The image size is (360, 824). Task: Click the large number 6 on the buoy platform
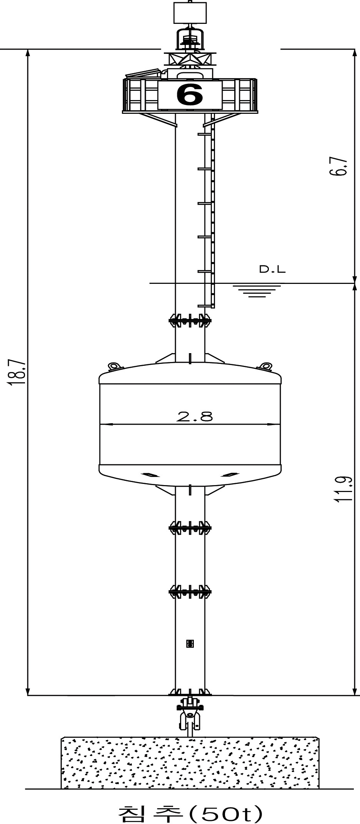190,95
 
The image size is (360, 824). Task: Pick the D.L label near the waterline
272,270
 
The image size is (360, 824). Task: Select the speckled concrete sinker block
190,762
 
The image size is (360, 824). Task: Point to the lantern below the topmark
190,39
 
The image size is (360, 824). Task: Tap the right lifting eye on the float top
265,365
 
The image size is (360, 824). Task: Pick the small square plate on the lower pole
190,643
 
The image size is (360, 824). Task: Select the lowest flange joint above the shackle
190,692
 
